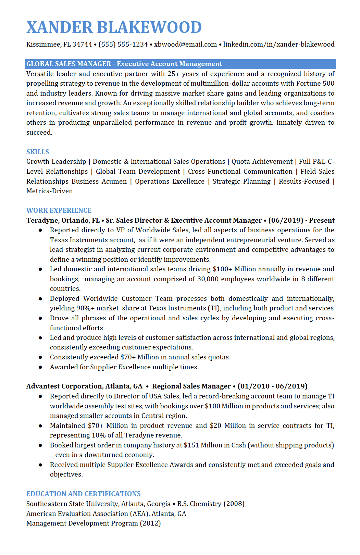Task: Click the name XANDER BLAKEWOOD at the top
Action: point(114,27)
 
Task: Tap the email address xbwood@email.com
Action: point(185,44)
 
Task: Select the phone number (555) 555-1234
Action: point(123,44)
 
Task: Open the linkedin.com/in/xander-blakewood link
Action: point(279,44)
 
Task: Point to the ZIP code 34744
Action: point(82,44)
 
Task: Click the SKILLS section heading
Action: point(38,152)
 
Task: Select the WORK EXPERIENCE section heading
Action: point(59,210)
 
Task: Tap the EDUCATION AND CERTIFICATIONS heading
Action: point(84,494)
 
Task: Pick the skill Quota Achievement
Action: point(262,161)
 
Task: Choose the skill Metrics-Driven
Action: point(50,191)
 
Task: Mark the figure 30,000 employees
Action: point(208,279)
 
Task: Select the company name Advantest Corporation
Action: point(64,386)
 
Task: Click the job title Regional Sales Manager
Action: point(191,386)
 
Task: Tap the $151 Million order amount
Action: point(203,445)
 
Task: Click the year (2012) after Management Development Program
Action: point(150,523)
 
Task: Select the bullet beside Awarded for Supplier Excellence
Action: point(40,367)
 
